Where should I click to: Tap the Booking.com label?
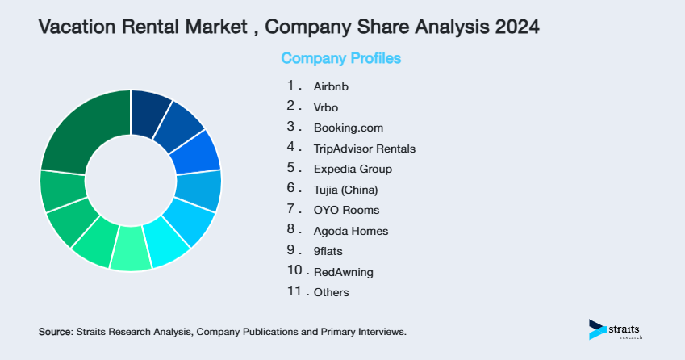click(x=348, y=128)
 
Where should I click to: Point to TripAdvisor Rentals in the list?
click(x=364, y=149)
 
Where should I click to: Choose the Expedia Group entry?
click(x=353, y=169)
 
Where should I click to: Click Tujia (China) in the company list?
click(x=345, y=190)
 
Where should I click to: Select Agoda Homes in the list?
click(x=351, y=231)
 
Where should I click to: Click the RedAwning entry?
click(x=343, y=273)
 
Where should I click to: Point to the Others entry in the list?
click(x=332, y=293)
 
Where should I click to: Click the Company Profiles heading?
click(x=340, y=58)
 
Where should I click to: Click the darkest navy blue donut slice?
click(x=149, y=108)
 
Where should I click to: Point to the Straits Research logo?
click(x=617, y=329)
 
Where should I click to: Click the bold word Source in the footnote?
click(x=55, y=332)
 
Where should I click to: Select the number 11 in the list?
click(x=294, y=292)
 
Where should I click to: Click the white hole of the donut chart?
click(x=130, y=180)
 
